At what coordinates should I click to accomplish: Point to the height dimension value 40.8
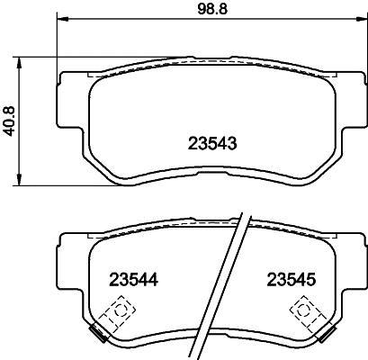tap(10, 118)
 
